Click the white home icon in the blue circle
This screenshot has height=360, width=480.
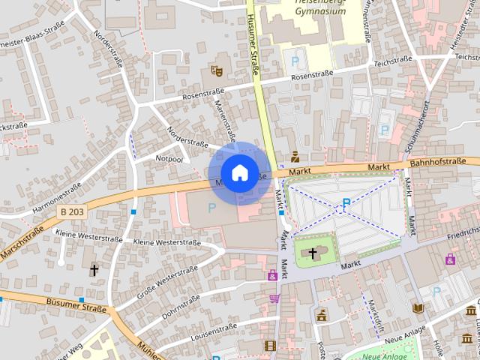point(239,172)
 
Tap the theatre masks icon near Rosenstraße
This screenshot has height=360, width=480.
point(217,70)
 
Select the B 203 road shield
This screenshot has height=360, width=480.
point(73,212)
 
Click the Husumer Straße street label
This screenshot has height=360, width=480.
point(253,45)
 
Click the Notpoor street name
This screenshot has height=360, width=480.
point(169,159)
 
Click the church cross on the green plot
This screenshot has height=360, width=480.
point(313,253)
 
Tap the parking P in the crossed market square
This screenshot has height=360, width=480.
point(346,202)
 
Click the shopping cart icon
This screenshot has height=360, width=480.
point(274,298)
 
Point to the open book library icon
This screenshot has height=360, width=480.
point(418,307)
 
